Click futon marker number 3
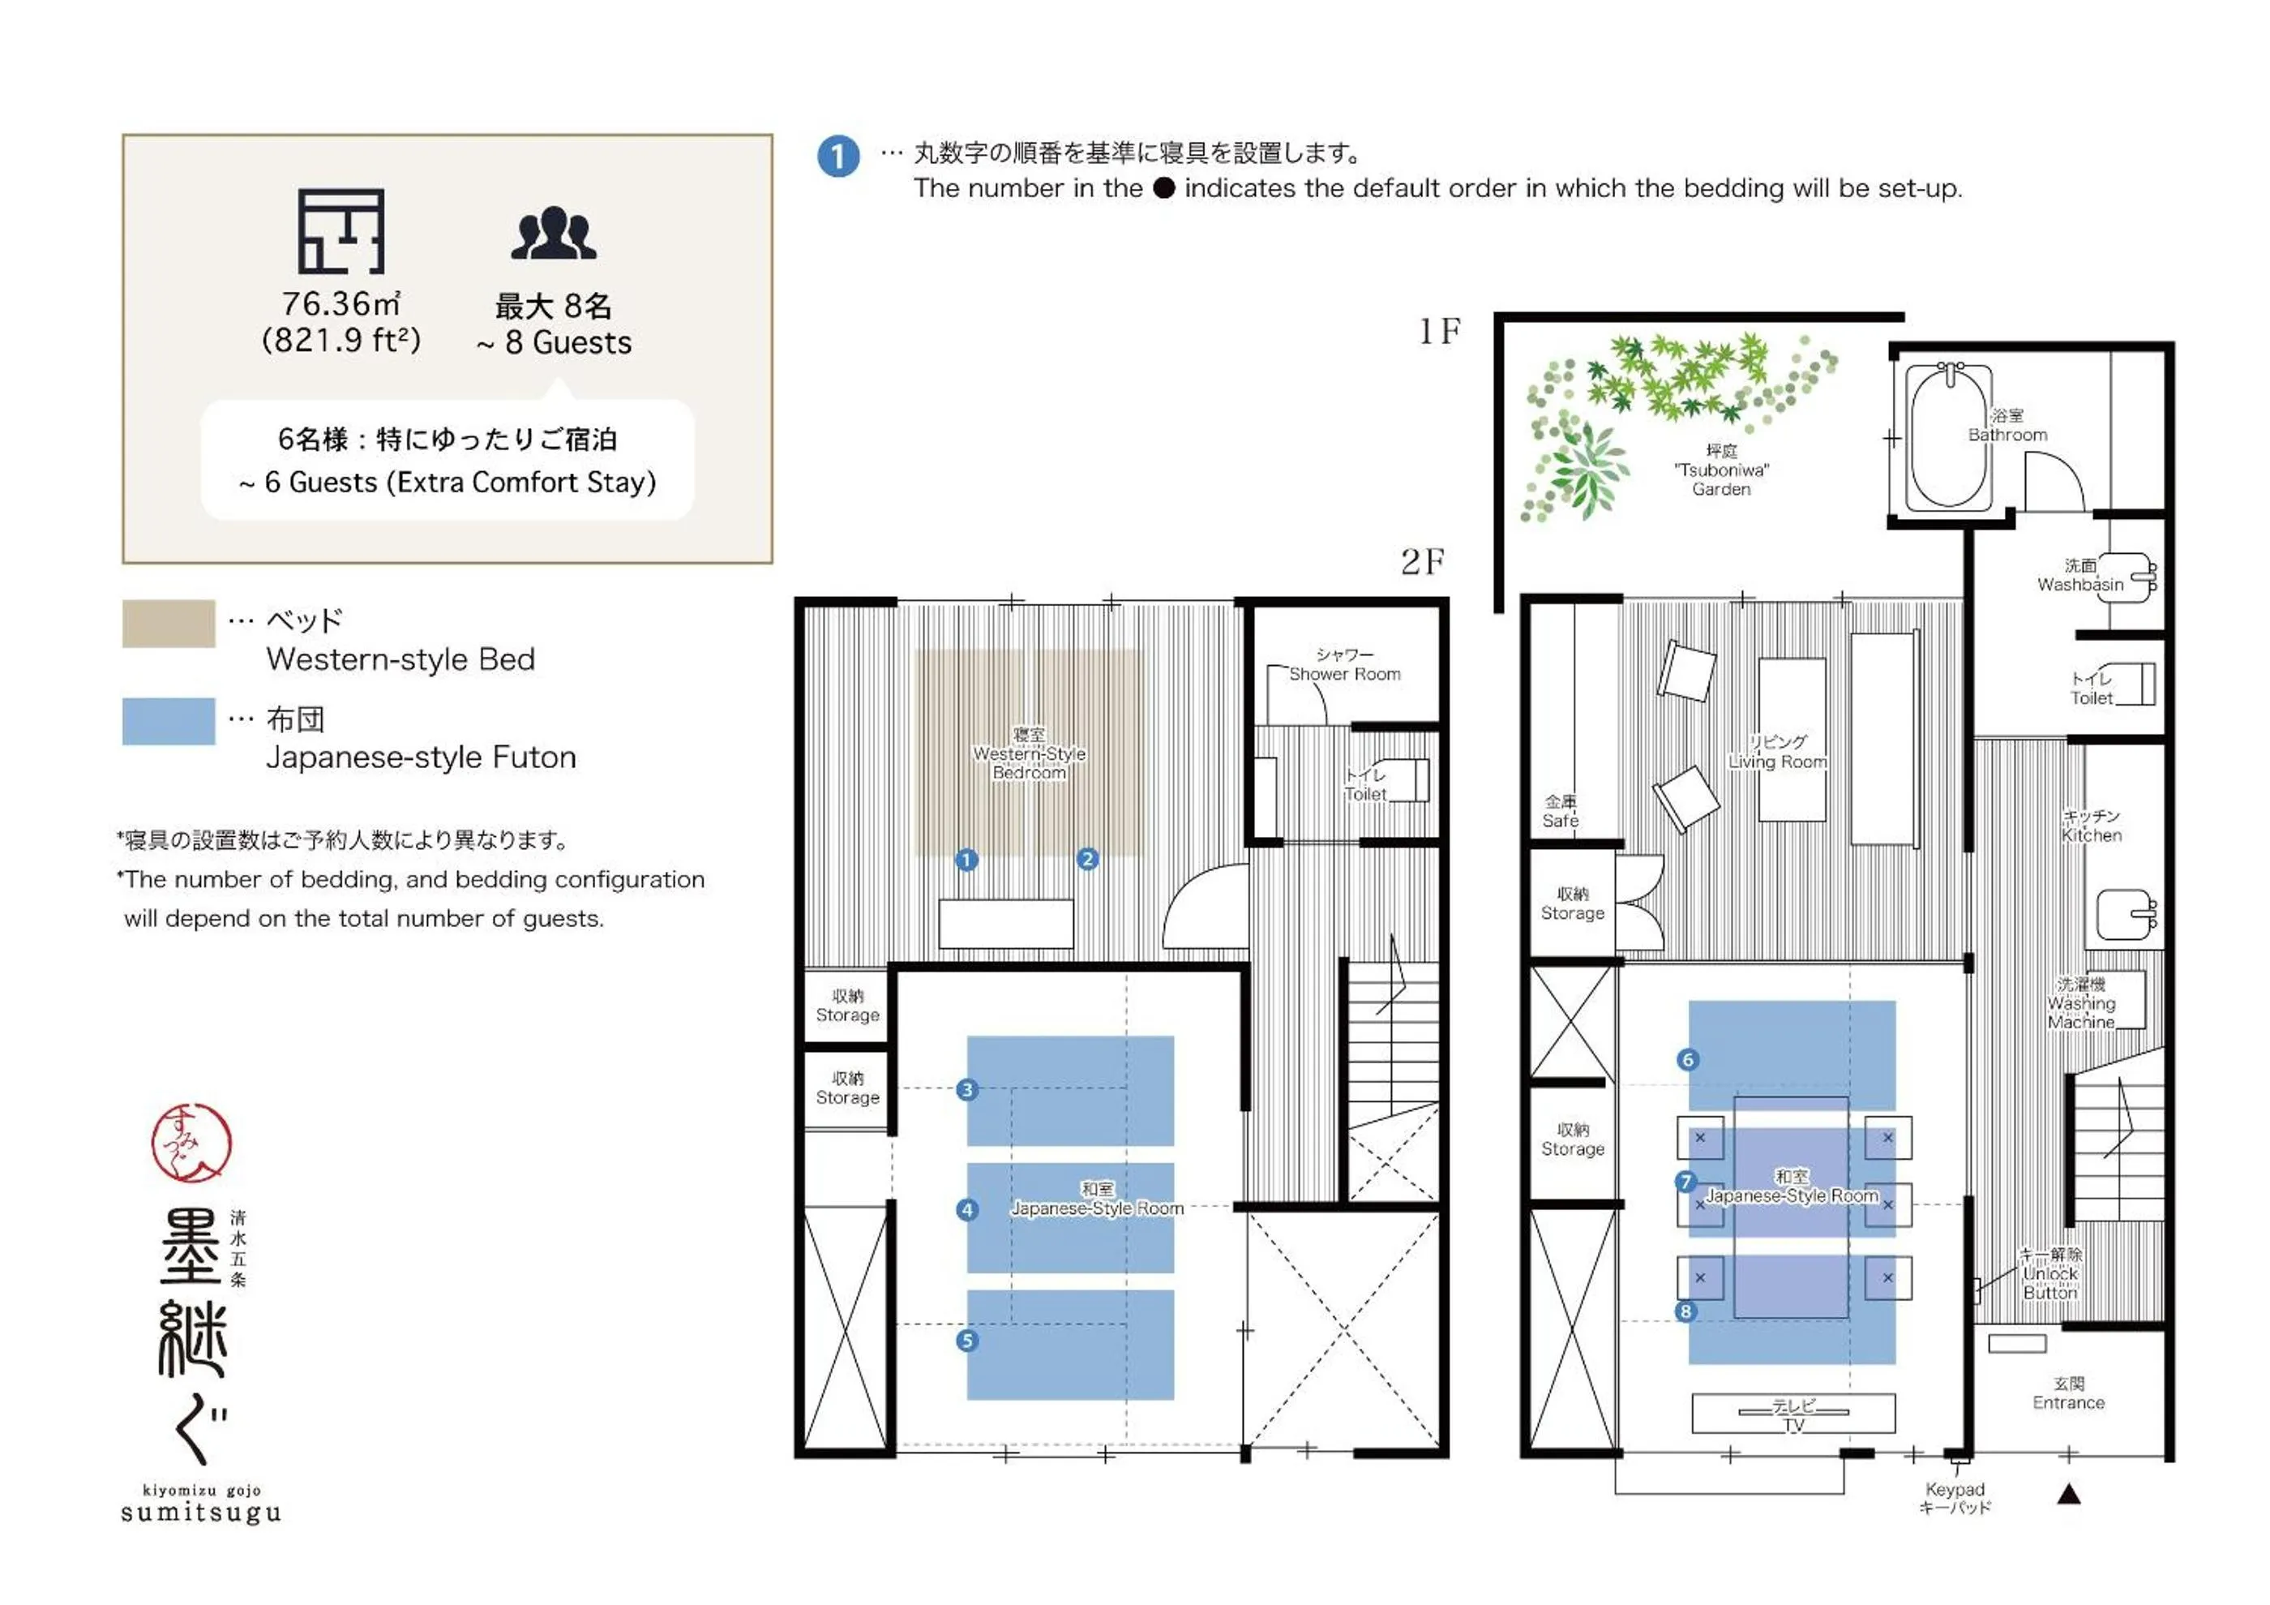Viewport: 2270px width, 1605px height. coord(967,1090)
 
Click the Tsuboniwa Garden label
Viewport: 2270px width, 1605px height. coord(1720,470)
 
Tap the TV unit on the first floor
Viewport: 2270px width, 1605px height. coord(1792,1414)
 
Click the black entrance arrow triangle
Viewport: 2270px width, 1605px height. coord(2068,1494)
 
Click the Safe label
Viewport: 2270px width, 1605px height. coord(1560,811)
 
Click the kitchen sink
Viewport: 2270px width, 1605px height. coord(2124,915)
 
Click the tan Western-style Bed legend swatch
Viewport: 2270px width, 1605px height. coord(168,624)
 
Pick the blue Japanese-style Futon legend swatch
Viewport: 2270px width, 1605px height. coord(168,721)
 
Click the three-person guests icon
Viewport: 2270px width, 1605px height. coord(553,234)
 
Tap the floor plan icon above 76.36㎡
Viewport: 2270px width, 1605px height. coord(341,231)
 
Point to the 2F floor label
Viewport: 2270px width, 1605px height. coord(1422,562)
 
